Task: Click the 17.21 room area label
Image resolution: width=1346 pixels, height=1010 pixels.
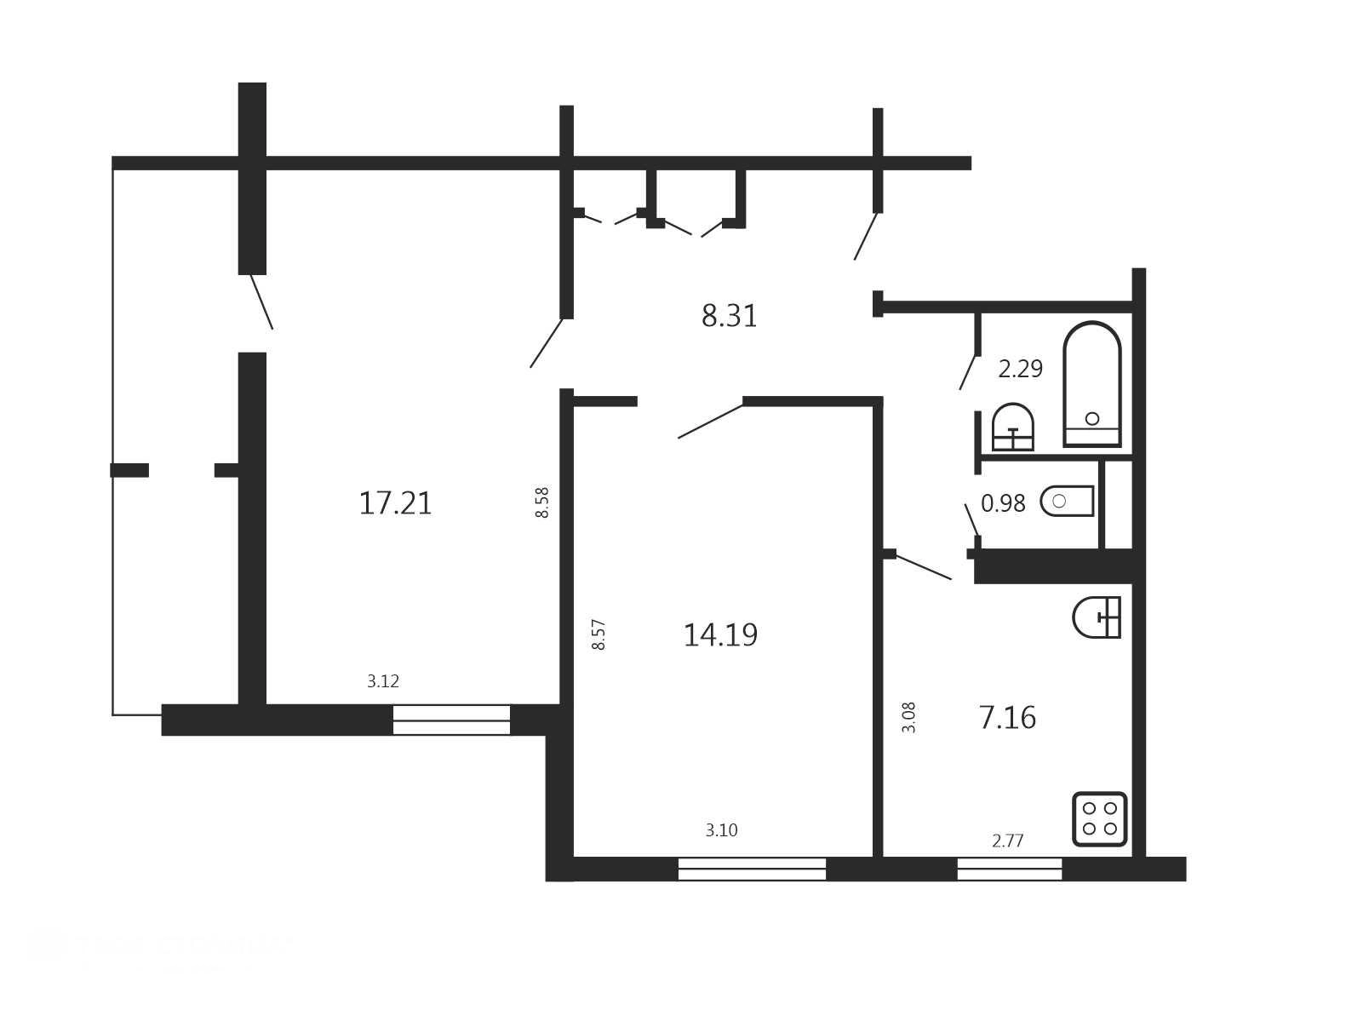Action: (396, 503)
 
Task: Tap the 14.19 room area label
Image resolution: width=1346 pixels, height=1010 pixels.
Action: (720, 634)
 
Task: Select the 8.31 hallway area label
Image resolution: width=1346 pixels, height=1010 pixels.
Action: (729, 317)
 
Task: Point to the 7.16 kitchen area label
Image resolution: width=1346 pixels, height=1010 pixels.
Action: (1007, 718)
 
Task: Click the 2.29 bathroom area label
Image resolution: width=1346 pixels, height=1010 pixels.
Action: (1021, 369)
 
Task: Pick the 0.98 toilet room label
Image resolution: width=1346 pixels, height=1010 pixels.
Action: (1003, 503)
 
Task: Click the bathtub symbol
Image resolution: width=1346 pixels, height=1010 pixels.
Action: (1092, 384)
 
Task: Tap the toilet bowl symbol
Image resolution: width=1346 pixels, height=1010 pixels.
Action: (1067, 501)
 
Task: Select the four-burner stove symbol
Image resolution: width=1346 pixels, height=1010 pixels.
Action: (1099, 819)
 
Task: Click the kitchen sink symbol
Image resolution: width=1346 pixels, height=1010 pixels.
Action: (1097, 617)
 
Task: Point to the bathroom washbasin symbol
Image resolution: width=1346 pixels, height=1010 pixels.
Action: (1013, 428)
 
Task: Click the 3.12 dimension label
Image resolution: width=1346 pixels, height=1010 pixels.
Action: (383, 681)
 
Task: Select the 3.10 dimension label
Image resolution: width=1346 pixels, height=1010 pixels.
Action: (721, 830)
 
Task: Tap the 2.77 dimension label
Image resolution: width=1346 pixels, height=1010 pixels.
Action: (1008, 841)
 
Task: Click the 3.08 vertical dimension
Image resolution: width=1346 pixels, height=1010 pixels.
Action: (908, 718)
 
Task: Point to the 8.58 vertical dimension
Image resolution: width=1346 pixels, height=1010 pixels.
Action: (542, 502)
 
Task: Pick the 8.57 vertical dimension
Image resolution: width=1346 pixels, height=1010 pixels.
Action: (598, 634)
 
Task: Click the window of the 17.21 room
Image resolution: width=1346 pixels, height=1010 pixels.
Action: (451, 720)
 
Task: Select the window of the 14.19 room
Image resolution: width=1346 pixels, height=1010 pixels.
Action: (752, 869)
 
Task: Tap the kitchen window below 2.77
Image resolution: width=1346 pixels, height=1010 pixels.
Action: (1010, 869)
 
